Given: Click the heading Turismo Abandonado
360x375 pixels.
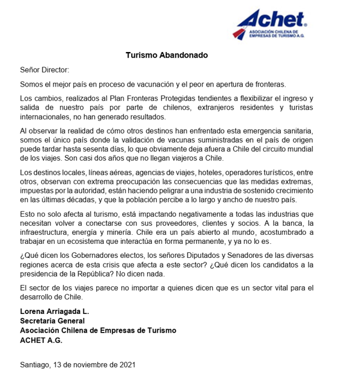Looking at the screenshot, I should click(166, 55).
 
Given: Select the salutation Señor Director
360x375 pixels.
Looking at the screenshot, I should click(44, 70).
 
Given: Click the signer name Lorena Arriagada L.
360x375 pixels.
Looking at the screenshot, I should click(54, 312).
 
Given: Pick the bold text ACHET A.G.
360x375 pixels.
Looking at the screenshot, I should click(41, 340).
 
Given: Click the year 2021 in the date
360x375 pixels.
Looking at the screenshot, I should click(126, 364).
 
